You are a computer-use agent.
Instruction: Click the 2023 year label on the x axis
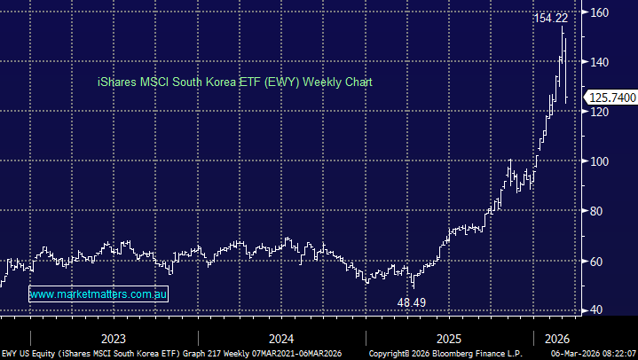pyautogui.click(x=113, y=338)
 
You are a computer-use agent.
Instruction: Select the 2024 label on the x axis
pyautogui.click(x=281, y=338)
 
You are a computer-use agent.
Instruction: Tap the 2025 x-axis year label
pyautogui.click(x=449, y=338)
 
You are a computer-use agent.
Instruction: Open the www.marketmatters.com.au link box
pyautogui.click(x=98, y=293)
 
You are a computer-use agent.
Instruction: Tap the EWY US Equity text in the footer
pyautogui.click(x=28, y=353)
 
